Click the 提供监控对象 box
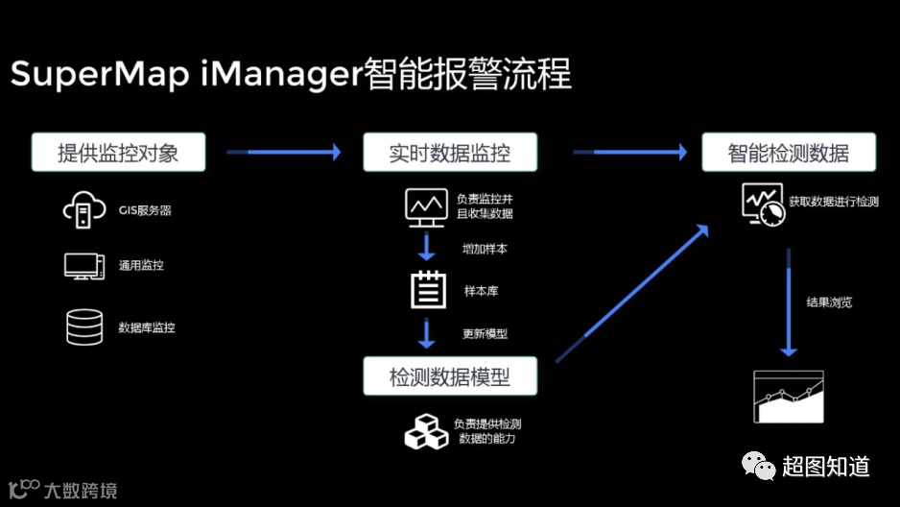point(118,153)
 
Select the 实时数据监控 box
point(449,153)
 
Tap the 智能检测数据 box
point(788,153)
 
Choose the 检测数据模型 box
point(449,376)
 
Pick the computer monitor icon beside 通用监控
point(83,266)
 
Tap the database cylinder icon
point(83,326)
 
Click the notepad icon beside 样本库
point(428,289)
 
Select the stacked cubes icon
point(425,431)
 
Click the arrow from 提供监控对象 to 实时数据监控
point(283,152)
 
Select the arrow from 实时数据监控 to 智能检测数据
point(629,152)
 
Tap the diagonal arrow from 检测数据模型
point(633,293)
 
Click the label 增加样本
point(485,249)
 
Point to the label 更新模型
point(485,334)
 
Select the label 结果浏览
point(829,302)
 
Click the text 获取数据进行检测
point(834,203)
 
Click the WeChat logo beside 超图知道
point(756,467)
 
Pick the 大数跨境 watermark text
point(80,491)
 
